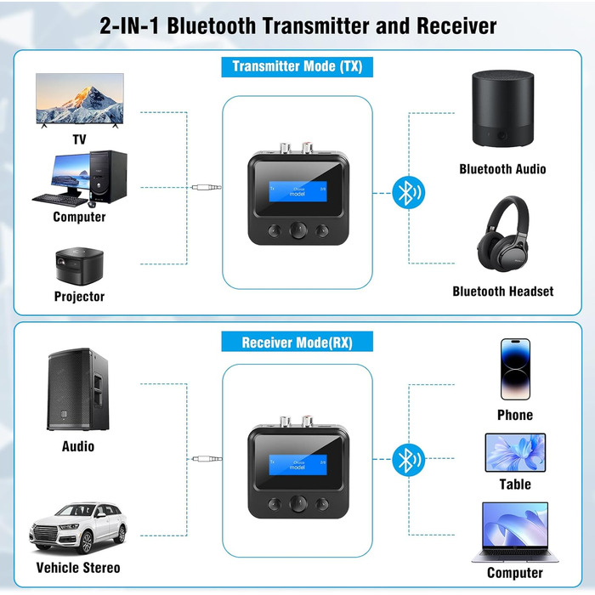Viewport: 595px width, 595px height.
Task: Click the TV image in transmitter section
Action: pos(79,99)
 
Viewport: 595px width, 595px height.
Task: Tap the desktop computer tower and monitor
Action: pos(80,178)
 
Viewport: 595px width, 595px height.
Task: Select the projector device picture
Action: pos(79,264)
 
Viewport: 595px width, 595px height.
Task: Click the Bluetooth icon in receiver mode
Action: pos(407,460)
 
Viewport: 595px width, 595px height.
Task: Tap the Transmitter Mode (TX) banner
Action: pos(297,66)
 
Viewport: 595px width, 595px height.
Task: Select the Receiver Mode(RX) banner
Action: pos(297,343)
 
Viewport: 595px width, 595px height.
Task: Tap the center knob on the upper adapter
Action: pos(297,231)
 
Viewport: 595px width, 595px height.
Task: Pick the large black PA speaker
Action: pos(77,388)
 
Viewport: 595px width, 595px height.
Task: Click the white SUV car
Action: pos(78,527)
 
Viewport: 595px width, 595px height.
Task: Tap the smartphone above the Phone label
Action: pos(515,369)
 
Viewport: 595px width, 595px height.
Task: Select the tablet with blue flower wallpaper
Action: pos(515,452)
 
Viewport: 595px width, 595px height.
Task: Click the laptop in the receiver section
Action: pos(515,531)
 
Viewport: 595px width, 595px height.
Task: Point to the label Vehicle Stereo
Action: pos(78,567)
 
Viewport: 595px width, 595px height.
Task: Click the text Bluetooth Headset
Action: pos(502,292)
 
